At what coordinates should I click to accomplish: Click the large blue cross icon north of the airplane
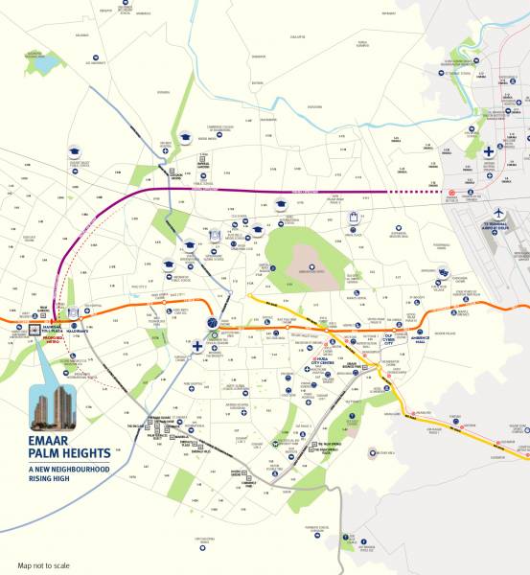489,151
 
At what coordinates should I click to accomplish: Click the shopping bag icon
354,218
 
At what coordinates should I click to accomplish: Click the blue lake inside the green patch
45,64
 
